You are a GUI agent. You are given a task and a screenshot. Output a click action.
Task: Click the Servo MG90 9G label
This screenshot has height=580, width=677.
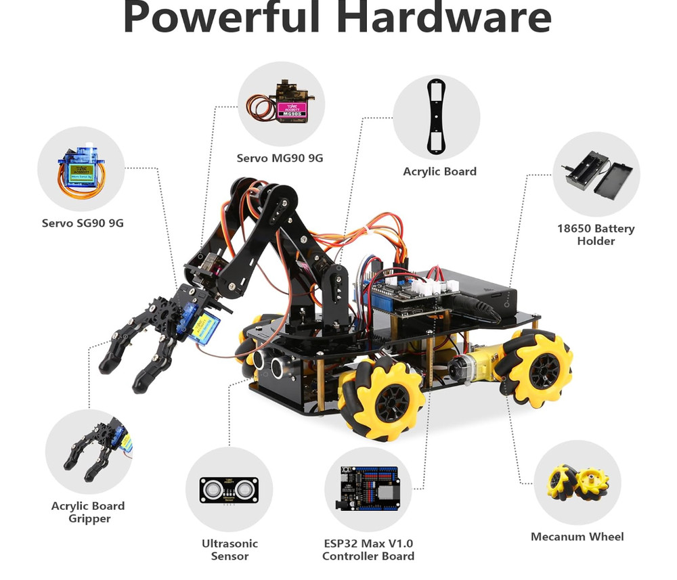tap(280, 158)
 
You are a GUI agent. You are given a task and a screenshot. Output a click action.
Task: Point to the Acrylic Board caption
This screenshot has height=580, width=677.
tap(439, 172)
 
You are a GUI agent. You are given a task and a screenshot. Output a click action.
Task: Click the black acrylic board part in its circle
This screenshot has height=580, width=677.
tap(437, 116)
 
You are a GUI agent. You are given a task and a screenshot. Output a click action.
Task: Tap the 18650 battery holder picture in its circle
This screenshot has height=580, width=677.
tap(595, 173)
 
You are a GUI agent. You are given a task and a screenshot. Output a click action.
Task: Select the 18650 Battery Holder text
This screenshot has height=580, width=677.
tap(596, 235)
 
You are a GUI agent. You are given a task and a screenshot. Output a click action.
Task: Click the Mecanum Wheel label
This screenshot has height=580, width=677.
tap(577, 537)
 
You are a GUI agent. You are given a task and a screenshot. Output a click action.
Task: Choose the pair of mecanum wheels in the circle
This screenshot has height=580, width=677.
tap(577, 482)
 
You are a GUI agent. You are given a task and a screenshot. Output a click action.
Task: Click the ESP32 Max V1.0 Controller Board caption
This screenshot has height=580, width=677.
tap(368, 550)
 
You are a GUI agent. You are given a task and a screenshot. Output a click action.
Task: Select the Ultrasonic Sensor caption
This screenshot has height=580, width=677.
tap(230, 550)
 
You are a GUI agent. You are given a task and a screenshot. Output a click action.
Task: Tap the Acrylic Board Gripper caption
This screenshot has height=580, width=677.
tap(88, 512)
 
